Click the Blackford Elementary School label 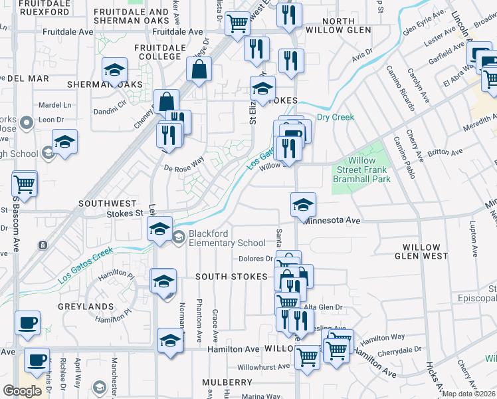(227, 238)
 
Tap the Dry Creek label (335, 118)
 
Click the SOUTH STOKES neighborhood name (230, 277)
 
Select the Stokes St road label (125, 213)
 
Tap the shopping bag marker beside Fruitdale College (199, 68)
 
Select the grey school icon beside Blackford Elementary (179, 236)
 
